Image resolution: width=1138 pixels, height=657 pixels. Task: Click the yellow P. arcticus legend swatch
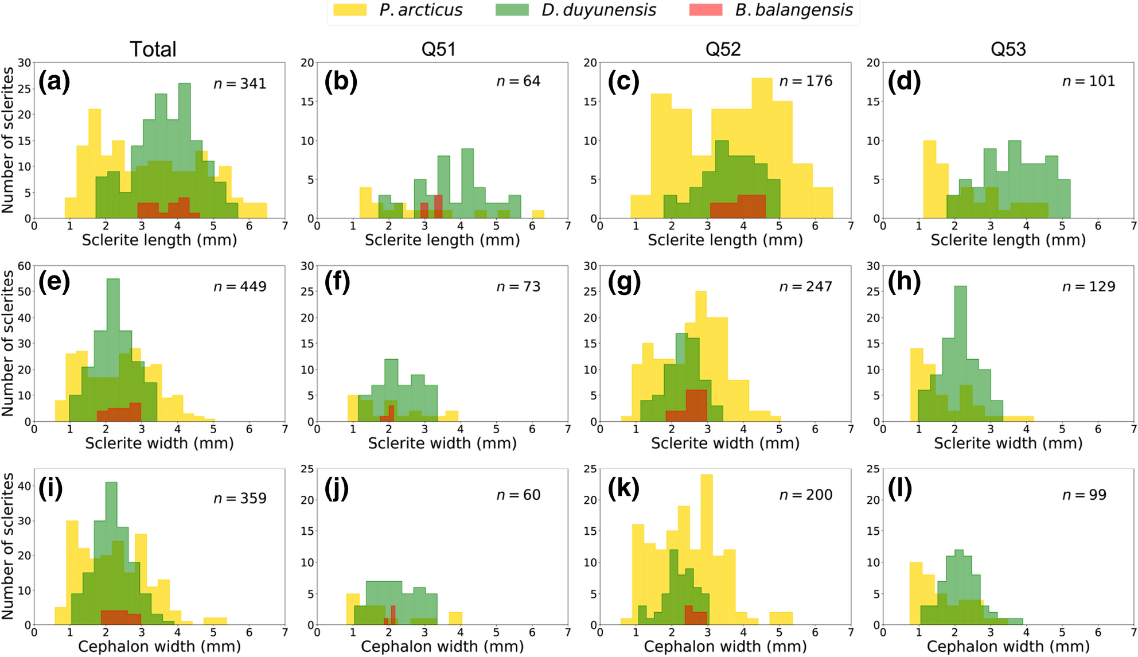349,10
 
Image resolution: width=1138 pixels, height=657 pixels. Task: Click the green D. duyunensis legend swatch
512,10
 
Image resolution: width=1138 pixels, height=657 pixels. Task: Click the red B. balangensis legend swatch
705,10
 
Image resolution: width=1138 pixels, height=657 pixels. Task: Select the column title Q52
723,49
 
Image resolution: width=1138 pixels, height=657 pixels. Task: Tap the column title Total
153,49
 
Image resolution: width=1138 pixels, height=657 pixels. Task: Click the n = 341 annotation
240,84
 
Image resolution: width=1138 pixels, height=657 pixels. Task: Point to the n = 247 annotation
805,286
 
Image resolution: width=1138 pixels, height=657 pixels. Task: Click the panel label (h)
904,282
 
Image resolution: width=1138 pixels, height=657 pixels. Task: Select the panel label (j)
336,489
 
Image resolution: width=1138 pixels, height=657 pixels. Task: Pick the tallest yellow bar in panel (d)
929,178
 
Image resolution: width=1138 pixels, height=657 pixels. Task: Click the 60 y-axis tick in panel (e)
24,266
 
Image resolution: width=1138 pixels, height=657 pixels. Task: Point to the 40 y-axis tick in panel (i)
24,485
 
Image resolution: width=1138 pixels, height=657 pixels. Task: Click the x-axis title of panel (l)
1008,647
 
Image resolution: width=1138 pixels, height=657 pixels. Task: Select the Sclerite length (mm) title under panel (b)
442,240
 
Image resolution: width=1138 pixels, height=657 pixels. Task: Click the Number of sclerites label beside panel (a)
8,140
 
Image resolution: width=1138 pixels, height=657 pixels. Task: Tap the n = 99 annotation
1084,495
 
